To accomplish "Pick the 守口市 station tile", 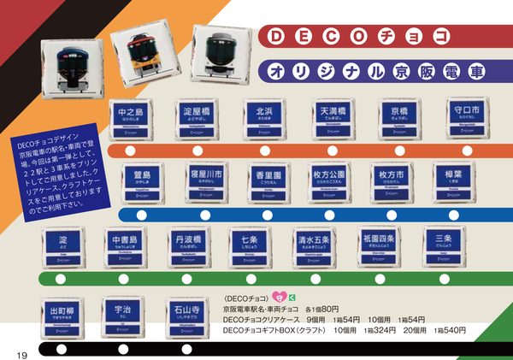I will (x=468, y=118).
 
